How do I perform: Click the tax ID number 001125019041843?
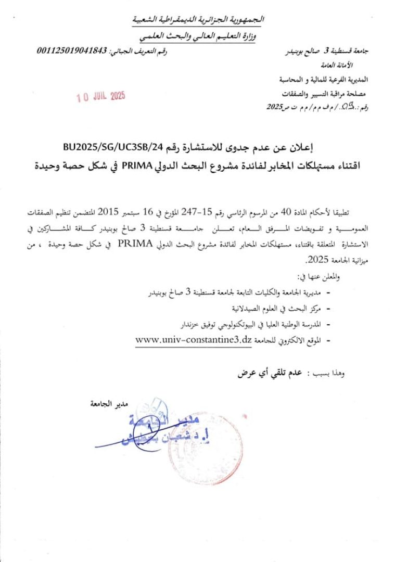pos(72,51)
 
